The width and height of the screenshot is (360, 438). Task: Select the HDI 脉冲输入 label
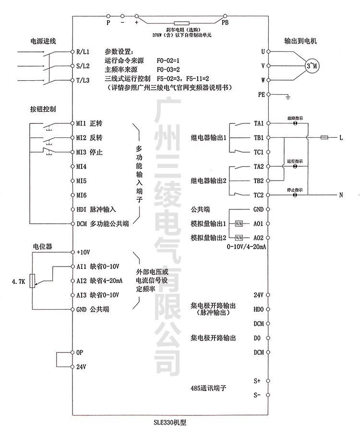click(96, 210)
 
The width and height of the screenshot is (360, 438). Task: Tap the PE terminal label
click(262, 95)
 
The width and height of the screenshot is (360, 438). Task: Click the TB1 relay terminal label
click(258, 138)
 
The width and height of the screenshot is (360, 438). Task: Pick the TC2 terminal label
click(258, 195)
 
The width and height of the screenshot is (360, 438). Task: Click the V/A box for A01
click(239, 224)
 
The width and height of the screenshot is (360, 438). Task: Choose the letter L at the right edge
click(341, 138)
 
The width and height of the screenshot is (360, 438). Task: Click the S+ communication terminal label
click(257, 380)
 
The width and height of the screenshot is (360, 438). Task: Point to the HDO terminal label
click(258, 310)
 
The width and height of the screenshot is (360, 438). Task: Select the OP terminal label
click(80, 352)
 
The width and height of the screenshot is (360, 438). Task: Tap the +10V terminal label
click(84, 252)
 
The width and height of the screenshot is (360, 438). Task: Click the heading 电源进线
click(44, 41)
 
